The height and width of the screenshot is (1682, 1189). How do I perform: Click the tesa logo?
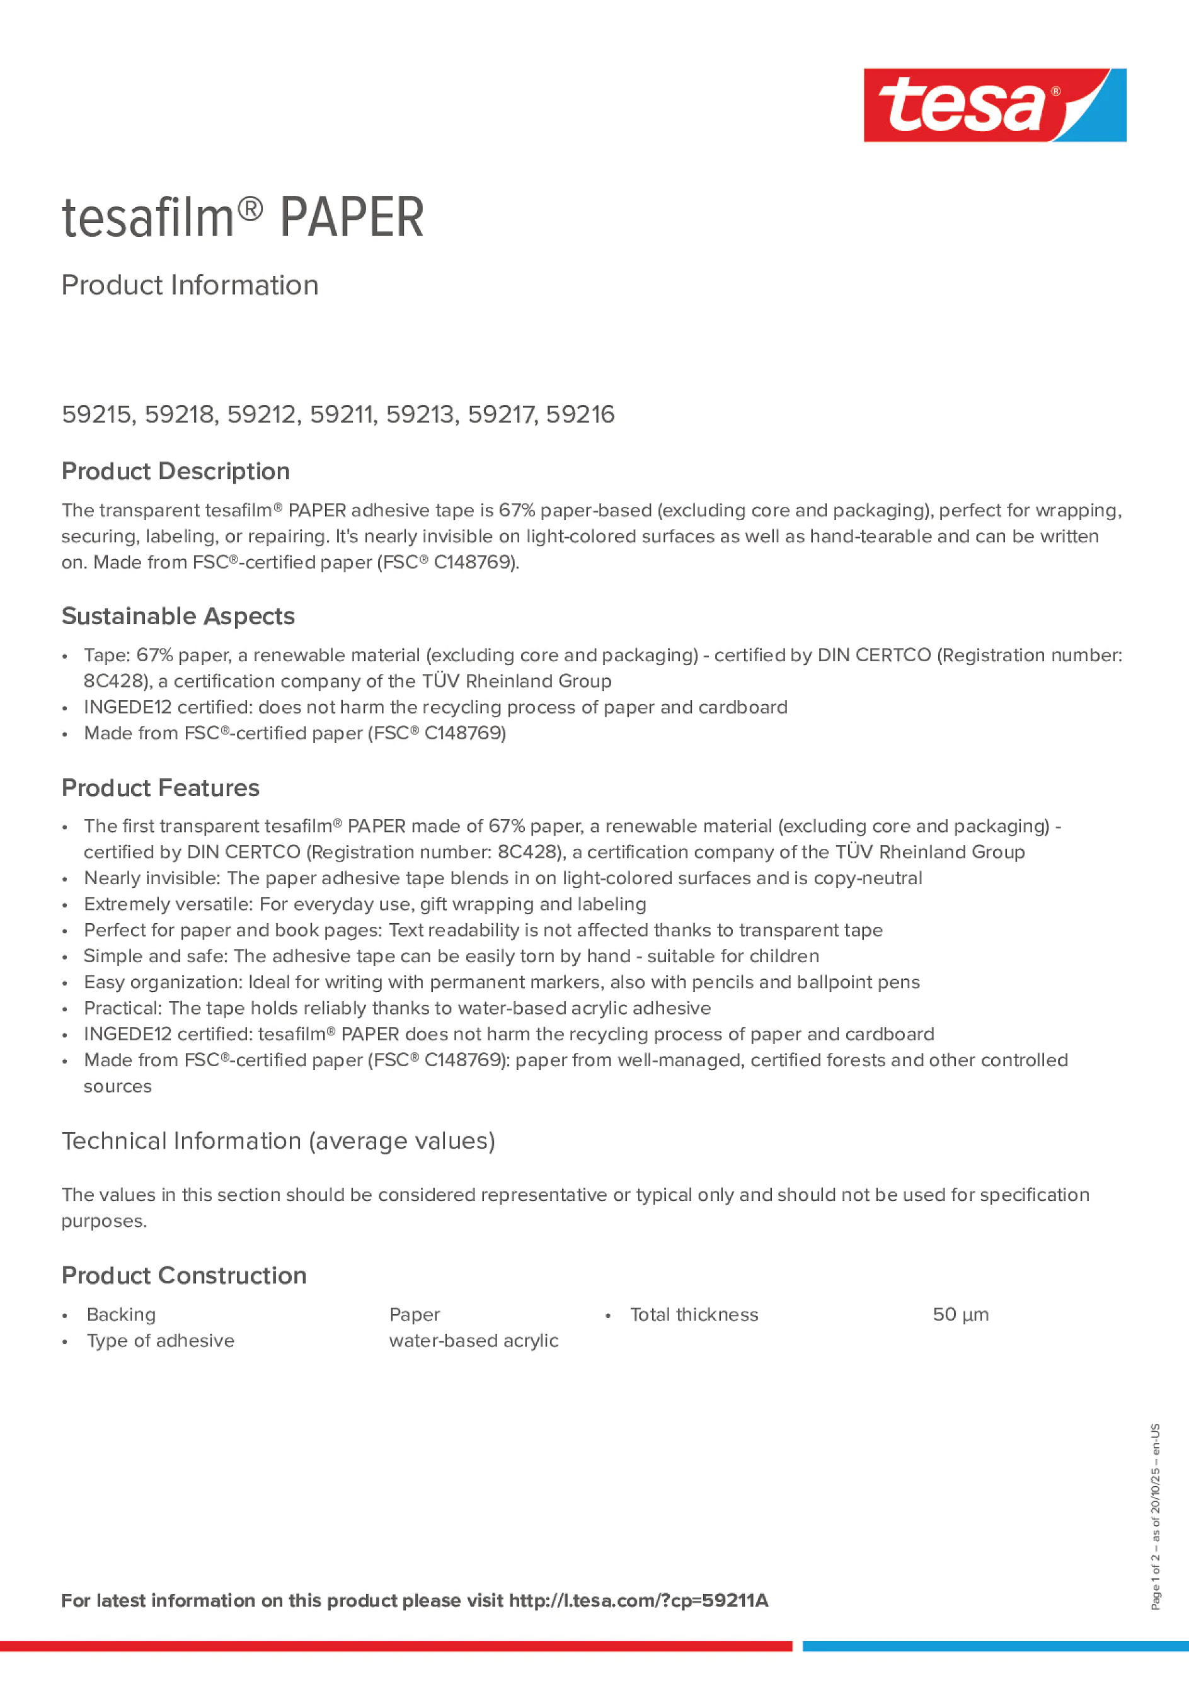click(x=994, y=105)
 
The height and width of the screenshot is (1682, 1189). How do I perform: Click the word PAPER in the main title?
click(x=352, y=218)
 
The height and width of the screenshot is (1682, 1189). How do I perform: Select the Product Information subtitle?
click(x=190, y=285)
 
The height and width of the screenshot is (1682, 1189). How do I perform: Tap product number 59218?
click(x=180, y=414)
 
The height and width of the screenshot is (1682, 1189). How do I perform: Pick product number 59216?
click(x=580, y=414)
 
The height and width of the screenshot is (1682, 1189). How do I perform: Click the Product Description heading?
click(x=176, y=471)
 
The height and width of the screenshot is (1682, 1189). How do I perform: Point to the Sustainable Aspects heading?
click(x=178, y=616)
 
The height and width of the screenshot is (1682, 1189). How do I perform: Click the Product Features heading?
click(x=161, y=788)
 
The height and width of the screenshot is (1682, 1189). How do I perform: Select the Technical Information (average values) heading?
click(x=279, y=1140)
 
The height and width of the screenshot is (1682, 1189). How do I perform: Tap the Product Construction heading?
click(x=184, y=1275)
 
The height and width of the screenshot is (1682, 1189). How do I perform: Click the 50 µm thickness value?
click(x=960, y=1314)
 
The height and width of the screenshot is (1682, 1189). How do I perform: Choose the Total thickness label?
click(x=694, y=1314)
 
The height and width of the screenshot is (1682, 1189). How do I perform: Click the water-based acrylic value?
click(x=474, y=1341)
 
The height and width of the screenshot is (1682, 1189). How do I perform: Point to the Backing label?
click(x=122, y=1314)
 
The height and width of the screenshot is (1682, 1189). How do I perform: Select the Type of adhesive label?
click(x=161, y=1341)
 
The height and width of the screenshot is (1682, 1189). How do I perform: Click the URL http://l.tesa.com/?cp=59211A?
click(x=638, y=1601)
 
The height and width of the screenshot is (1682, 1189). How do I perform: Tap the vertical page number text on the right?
click(x=1156, y=1516)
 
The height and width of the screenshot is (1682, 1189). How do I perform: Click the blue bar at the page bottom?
click(x=996, y=1646)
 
